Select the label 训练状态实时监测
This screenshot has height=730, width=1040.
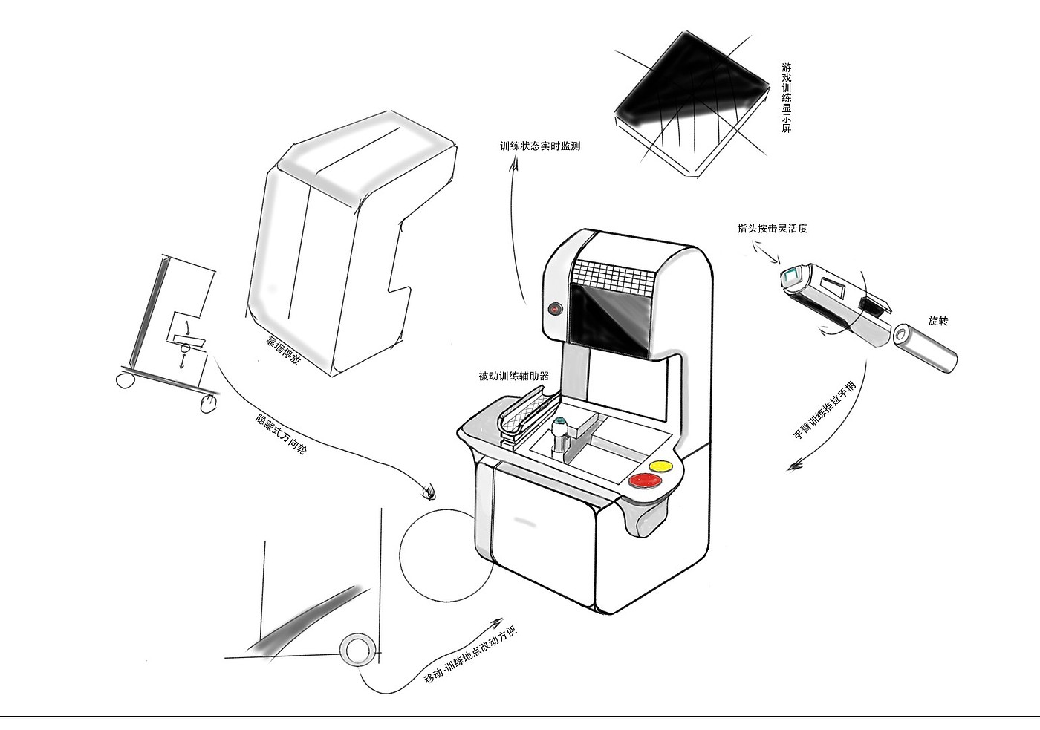click(x=540, y=146)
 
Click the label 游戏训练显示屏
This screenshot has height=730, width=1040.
click(x=786, y=98)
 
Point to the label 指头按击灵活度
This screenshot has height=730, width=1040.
click(x=773, y=229)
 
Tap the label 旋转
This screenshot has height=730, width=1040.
click(x=938, y=321)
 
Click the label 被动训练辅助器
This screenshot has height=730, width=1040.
click(x=514, y=377)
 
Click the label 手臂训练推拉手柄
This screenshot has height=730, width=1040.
click(x=825, y=411)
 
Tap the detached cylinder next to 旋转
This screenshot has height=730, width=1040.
click(x=925, y=346)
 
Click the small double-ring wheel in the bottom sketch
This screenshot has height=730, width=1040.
click(x=357, y=648)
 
